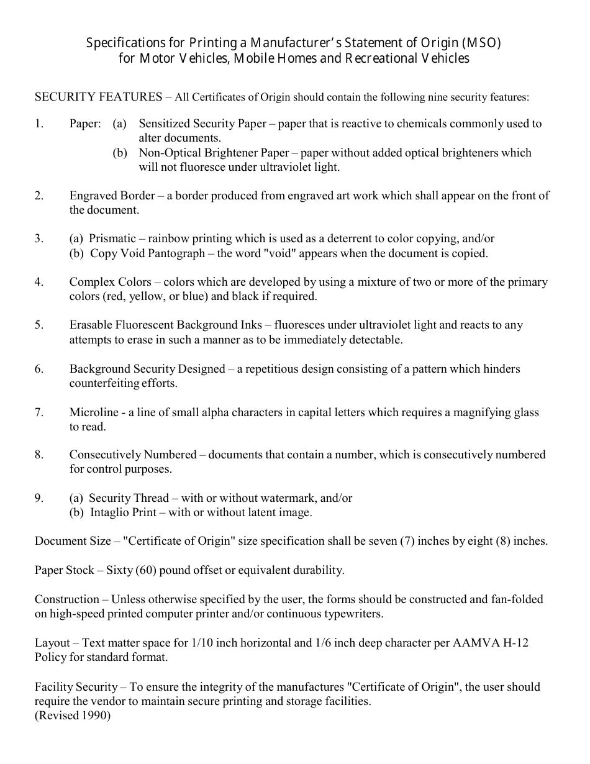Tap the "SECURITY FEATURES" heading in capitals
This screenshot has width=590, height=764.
pyautogui.click(x=98, y=97)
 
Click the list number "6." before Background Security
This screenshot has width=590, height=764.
pyautogui.click(x=39, y=369)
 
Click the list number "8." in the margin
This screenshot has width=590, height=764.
pyautogui.click(x=39, y=455)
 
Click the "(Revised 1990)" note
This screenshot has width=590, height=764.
pyautogui.click(x=73, y=716)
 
